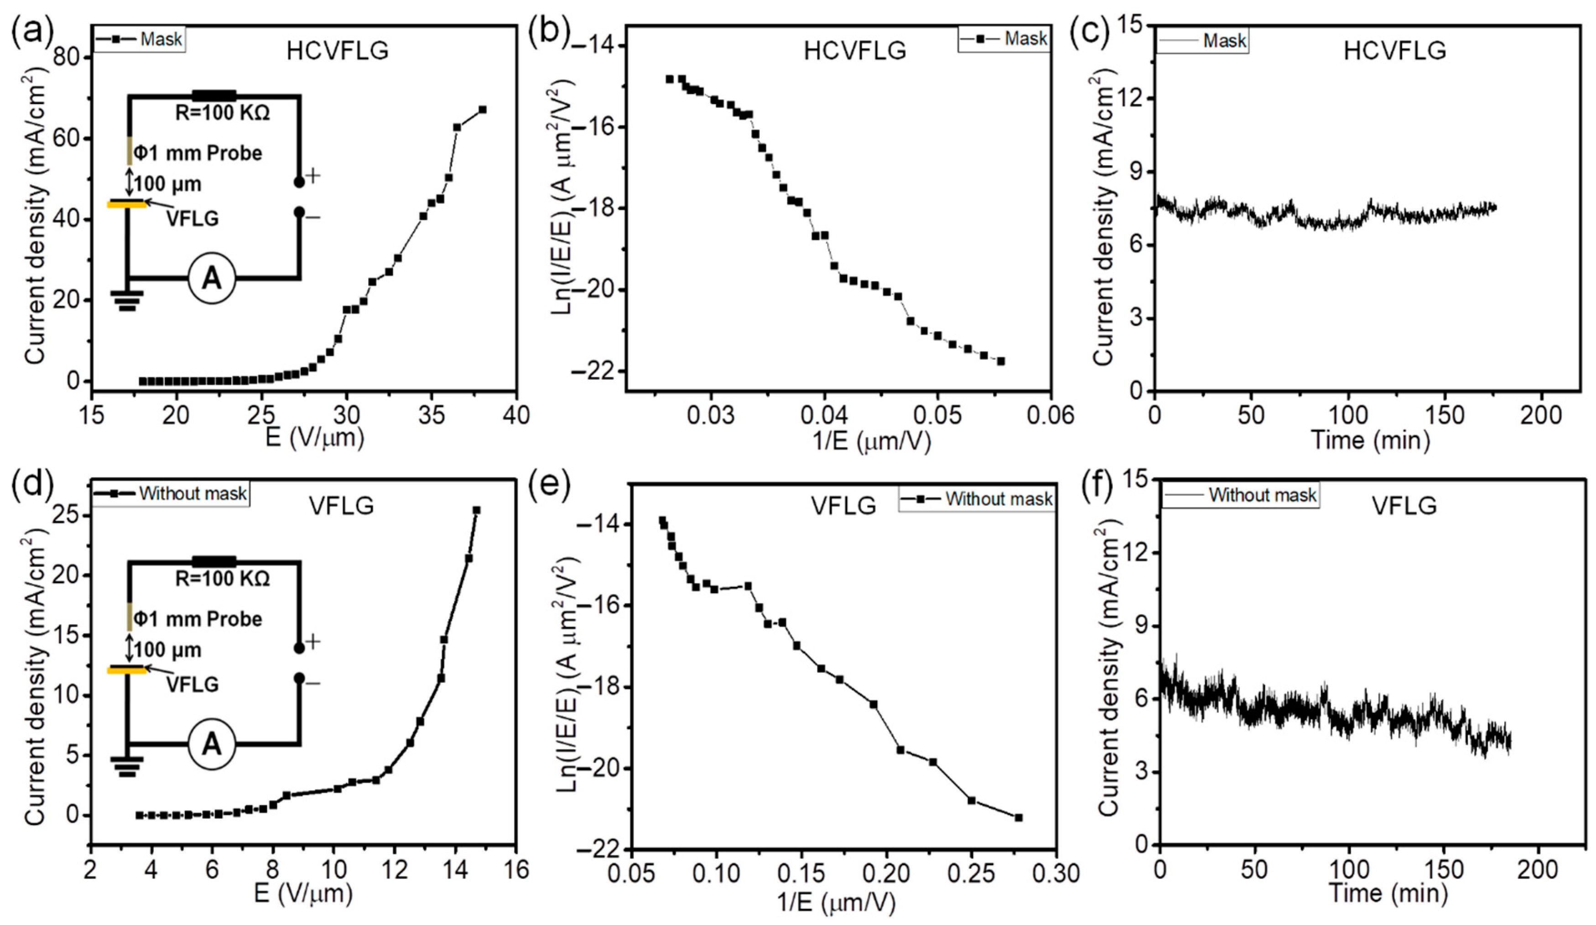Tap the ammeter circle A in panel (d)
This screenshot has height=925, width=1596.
click(212, 744)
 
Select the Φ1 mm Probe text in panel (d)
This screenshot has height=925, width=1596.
click(198, 618)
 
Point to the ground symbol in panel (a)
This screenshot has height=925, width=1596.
click(127, 300)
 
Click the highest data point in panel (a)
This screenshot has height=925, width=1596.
click(483, 109)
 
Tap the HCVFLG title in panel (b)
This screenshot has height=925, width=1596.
click(854, 51)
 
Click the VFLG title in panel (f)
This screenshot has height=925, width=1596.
click(1404, 505)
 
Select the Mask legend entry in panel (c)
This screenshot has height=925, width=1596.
click(1224, 41)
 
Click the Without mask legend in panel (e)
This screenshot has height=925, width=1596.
click(998, 499)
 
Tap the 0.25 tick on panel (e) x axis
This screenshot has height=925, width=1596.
click(972, 873)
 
